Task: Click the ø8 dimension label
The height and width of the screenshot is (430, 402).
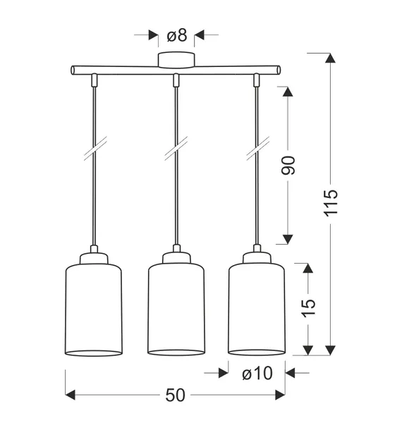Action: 176,35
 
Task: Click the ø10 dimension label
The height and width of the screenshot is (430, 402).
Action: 256,374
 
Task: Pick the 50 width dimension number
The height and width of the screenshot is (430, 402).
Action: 176,395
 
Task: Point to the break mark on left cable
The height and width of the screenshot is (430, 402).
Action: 94,151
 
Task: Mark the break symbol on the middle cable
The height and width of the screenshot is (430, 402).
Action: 176,151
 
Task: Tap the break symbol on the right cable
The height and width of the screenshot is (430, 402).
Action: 257,151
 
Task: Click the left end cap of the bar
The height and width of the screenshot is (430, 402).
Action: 73,70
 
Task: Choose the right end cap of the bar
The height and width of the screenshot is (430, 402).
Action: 278,70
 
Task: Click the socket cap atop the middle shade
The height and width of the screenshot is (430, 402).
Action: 176,257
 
